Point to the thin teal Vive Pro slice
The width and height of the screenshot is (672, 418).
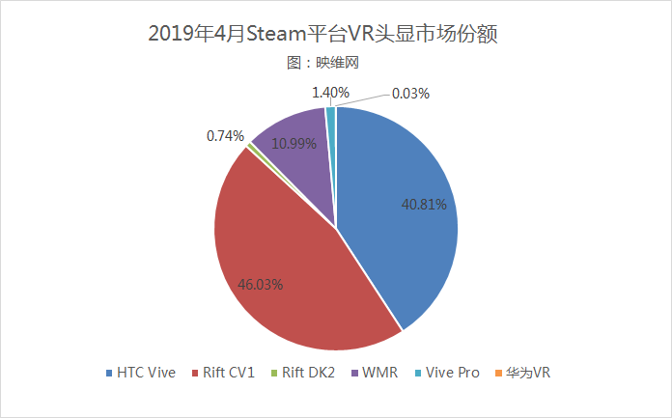point(331,116)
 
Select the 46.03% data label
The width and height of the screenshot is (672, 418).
point(262,285)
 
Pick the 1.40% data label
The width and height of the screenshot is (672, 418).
point(329,93)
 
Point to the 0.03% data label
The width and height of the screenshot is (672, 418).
point(410,94)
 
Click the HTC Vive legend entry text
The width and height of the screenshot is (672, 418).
point(147,373)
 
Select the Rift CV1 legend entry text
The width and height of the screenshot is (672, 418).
point(229,373)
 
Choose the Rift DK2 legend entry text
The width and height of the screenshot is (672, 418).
point(309,373)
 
